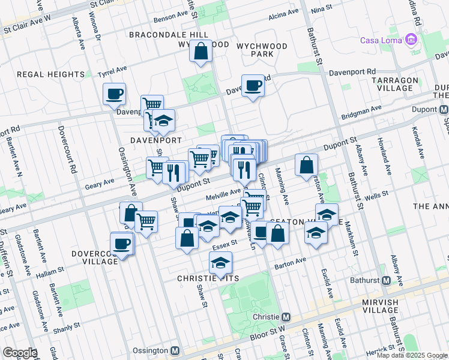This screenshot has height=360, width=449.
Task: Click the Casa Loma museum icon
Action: tap(411, 40)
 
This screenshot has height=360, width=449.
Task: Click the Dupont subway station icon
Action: tap(444, 110)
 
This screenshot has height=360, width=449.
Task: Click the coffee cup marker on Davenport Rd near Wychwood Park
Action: tap(253, 86)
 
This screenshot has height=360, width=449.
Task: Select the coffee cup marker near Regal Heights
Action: tap(114, 94)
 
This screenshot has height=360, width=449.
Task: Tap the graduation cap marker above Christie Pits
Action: tap(220, 262)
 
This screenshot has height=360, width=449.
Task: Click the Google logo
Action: tap(20, 352)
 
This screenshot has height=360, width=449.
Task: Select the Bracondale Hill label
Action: tap(169, 35)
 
